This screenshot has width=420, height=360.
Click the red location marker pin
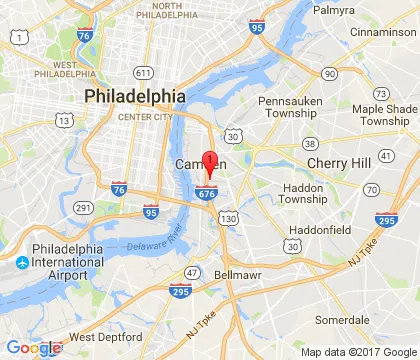[x=210, y=161]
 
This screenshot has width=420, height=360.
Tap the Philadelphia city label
[x=135, y=96]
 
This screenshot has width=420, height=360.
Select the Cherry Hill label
[x=338, y=162]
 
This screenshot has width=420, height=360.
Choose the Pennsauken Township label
[x=286, y=108]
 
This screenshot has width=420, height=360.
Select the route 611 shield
[x=143, y=72]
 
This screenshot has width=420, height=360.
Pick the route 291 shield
[x=84, y=207]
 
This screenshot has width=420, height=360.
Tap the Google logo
[x=32, y=348]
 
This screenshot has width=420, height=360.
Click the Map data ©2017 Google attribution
[x=359, y=352]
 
